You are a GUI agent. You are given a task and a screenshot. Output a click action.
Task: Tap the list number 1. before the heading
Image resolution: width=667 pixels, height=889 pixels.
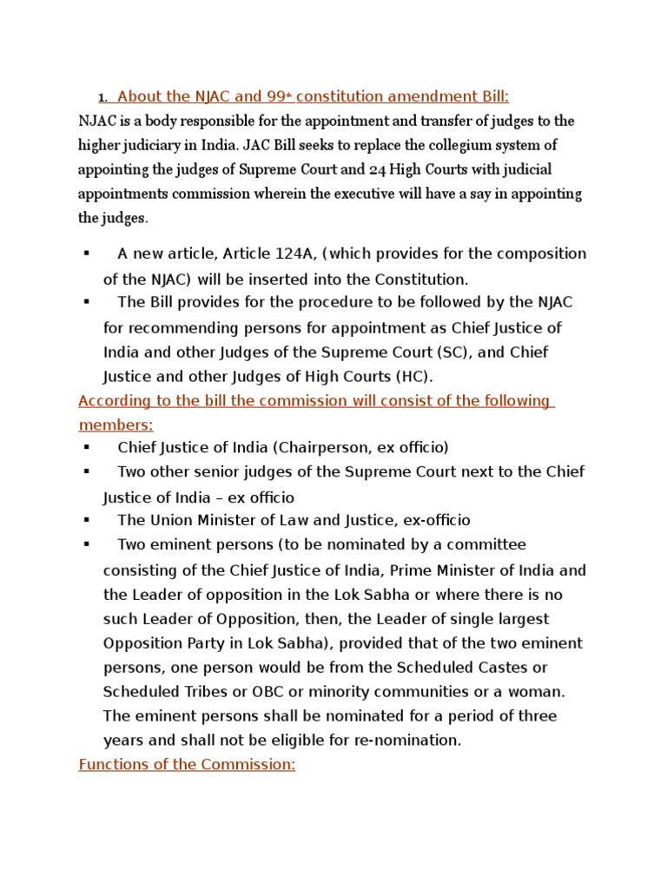click(x=102, y=97)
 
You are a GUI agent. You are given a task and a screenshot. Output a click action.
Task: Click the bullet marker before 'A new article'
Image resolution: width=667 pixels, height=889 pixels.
click(x=87, y=254)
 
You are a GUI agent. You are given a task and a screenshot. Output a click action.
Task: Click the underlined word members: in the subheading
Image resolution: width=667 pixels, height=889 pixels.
click(x=116, y=425)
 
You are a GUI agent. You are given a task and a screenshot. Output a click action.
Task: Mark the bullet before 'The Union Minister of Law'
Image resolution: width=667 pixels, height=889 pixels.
click(x=87, y=520)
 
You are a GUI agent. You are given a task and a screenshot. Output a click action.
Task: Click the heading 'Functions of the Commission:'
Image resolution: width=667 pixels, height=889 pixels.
click(x=187, y=766)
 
